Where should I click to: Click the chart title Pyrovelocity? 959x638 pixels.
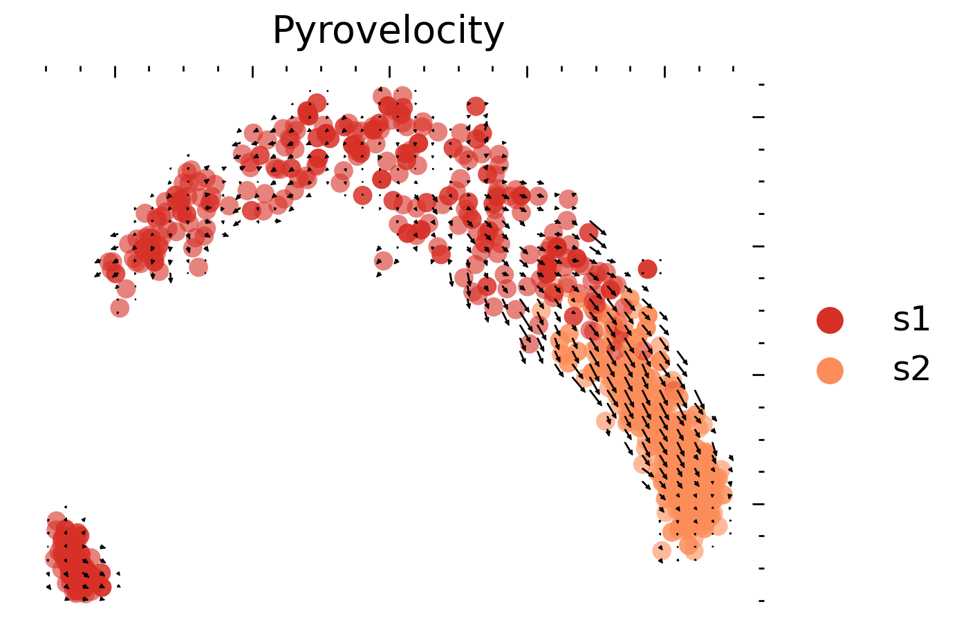click(388, 31)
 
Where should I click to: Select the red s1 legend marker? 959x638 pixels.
click(830, 320)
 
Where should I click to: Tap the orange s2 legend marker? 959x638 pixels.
click(830, 370)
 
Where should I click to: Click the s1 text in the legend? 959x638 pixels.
click(911, 320)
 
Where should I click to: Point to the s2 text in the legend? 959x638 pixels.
click(911, 370)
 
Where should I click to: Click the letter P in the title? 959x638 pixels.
click(283, 31)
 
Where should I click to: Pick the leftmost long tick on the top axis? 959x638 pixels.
click(115, 71)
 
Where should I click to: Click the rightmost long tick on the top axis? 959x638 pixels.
click(664, 71)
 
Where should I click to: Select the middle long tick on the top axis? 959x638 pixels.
click(389, 71)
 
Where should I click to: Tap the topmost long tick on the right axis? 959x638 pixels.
click(758, 117)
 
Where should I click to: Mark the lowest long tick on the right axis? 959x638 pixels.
click(758, 504)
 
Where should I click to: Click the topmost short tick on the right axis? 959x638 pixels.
click(761, 84)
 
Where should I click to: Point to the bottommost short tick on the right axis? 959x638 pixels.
click(761, 601)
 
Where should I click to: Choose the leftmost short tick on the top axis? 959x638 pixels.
click(46, 69)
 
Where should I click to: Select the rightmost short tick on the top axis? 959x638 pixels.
click(733, 69)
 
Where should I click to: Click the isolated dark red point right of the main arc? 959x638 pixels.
click(647, 269)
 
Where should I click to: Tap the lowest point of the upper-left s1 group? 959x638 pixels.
click(120, 308)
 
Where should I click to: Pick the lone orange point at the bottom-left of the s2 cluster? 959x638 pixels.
click(662, 551)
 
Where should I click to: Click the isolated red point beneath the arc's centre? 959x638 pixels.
click(384, 261)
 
